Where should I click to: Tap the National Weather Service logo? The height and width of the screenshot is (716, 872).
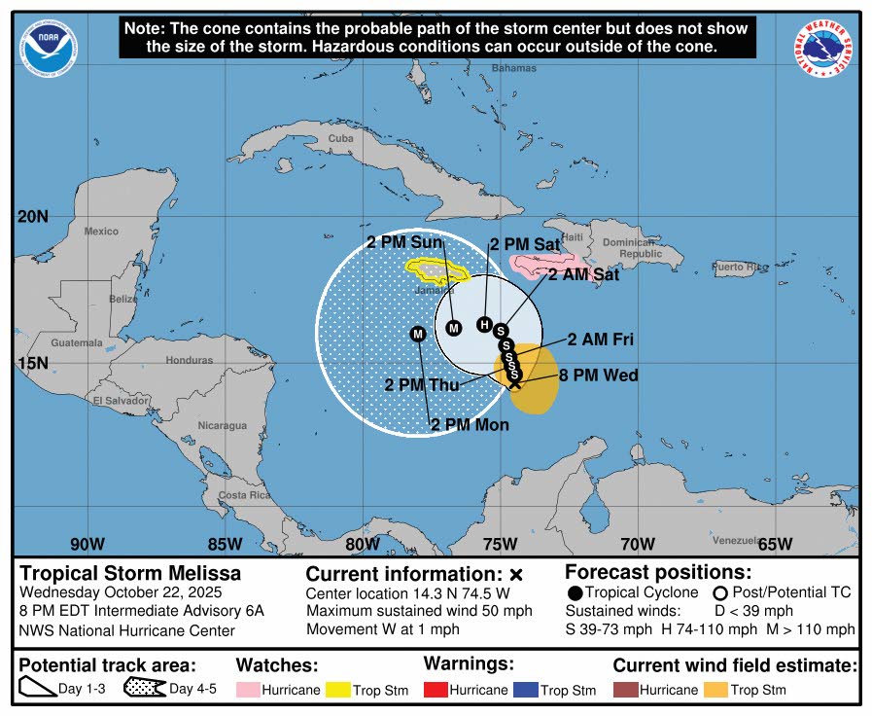point(824,49)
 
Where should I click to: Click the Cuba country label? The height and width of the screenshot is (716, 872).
point(340,138)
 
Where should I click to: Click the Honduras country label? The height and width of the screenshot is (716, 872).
point(189,360)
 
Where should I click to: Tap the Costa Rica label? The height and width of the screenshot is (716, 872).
point(244,495)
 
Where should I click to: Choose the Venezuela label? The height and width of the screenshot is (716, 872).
point(735,540)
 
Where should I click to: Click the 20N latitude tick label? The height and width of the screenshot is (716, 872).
point(32,216)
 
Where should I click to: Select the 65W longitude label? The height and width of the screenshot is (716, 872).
point(775,544)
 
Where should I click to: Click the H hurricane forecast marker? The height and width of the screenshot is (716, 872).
point(484,324)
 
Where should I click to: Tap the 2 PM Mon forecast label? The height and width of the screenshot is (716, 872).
point(470,424)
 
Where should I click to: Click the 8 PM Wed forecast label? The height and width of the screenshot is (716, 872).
point(598,376)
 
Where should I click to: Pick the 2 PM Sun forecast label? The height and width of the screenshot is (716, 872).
point(404,241)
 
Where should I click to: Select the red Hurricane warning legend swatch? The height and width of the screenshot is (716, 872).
point(437,690)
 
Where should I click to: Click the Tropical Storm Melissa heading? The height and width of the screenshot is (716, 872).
point(130,573)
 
